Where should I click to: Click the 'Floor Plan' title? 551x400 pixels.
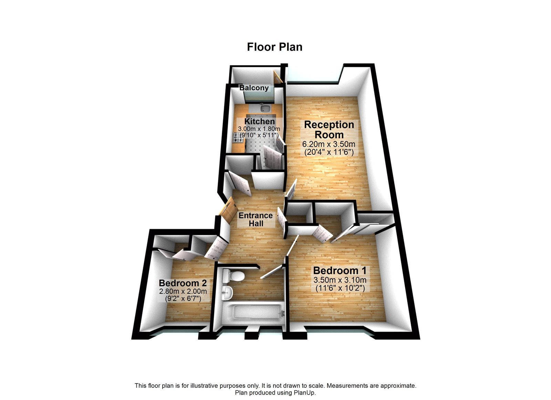click(x=274, y=47)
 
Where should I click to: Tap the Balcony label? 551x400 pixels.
click(x=254, y=88)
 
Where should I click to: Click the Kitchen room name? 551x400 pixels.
click(x=260, y=121)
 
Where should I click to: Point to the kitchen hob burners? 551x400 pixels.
click(x=238, y=138)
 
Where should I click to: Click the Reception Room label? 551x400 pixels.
click(x=329, y=129)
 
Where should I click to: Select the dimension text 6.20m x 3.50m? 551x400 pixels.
click(x=329, y=144)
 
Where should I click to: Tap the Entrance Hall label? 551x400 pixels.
click(x=256, y=219)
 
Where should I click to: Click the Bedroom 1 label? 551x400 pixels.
click(x=340, y=270)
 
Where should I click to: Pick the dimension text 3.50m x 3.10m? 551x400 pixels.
click(x=340, y=280)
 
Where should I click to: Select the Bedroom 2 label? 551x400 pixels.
click(x=183, y=283)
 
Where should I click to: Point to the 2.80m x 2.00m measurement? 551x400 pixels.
click(x=183, y=292)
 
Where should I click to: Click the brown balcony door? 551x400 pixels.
click(x=278, y=77)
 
